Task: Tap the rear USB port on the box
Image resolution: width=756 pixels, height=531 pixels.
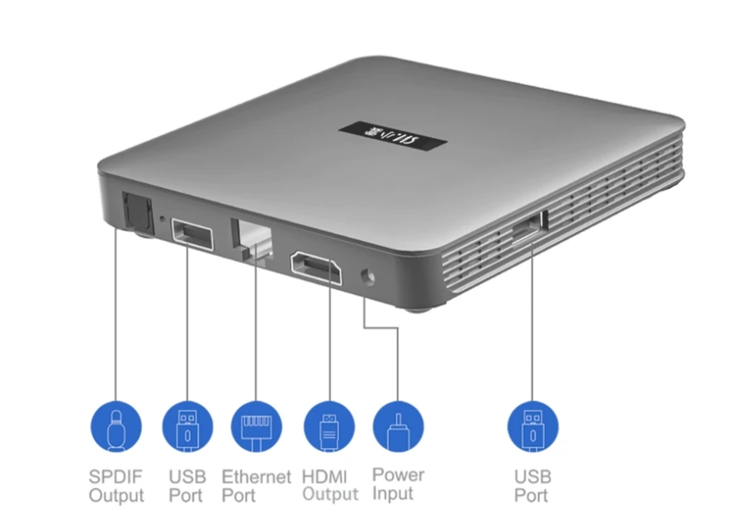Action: point(191,236)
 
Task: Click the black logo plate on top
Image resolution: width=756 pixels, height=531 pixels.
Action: point(394,133)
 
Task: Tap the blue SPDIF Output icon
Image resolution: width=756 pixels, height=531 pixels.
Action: point(116,427)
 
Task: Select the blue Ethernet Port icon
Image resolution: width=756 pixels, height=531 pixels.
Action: point(257,427)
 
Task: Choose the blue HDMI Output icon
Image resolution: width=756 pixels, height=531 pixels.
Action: point(328,427)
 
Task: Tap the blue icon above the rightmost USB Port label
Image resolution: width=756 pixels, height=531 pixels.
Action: point(532,427)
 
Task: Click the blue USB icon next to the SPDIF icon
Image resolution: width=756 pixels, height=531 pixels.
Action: point(187,427)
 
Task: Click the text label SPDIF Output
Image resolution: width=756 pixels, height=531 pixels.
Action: point(116,486)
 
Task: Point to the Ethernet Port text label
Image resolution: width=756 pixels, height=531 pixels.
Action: point(257,486)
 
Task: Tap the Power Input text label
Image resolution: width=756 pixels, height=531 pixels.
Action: point(399,484)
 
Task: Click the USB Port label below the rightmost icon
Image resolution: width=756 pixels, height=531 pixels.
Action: point(532,486)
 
